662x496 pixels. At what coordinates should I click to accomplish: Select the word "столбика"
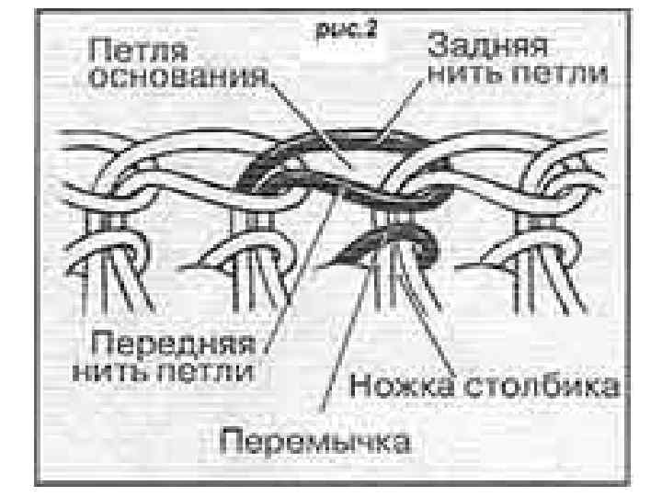point(544,384)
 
